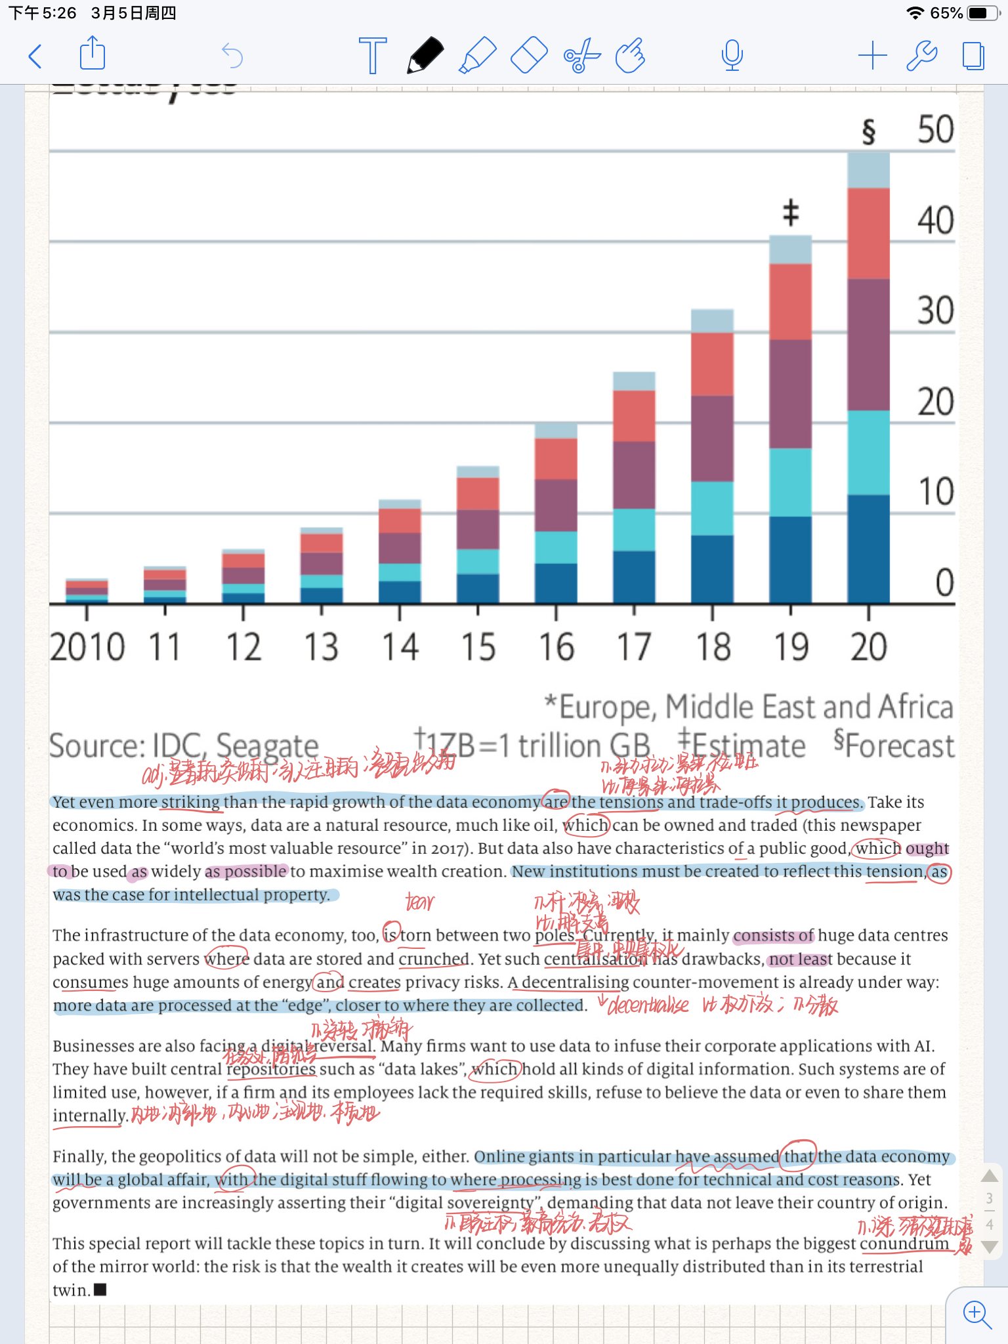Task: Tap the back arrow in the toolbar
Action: (36, 56)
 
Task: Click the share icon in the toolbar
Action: (93, 54)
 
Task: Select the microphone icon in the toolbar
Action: (732, 55)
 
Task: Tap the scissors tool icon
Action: (581, 56)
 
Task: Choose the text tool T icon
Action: (373, 56)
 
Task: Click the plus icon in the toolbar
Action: (872, 56)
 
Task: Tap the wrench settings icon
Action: (921, 56)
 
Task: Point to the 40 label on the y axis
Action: (935, 220)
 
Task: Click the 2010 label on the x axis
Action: (87, 647)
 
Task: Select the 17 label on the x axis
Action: (634, 647)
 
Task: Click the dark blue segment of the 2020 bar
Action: (868, 549)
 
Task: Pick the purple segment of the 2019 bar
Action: (790, 394)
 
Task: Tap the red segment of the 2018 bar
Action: (712, 364)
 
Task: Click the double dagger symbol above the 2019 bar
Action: (791, 213)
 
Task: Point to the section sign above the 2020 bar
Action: (868, 131)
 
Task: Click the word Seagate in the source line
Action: (267, 746)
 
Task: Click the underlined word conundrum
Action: (904, 1244)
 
